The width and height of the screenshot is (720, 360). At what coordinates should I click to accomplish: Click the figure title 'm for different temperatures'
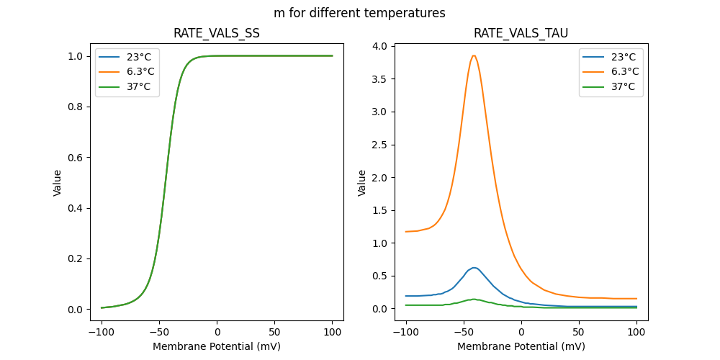pos(359,13)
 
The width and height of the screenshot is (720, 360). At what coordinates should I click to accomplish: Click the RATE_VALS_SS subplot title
pos(217,33)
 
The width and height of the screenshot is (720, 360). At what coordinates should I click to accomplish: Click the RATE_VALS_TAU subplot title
pos(521,33)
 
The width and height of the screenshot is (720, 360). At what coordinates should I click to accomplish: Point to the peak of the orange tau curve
pos(474,55)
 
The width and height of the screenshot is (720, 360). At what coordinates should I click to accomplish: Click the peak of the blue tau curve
pos(473,268)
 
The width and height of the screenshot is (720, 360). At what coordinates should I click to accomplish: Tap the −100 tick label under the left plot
pos(102,333)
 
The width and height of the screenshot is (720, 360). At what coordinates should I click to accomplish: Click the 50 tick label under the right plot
pos(579,333)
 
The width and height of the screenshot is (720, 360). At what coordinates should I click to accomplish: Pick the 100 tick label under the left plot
pos(332,333)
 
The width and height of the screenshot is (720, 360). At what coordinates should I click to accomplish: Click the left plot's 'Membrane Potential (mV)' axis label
pos(217,346)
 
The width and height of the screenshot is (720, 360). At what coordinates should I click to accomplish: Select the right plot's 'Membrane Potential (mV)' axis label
pos(521,346)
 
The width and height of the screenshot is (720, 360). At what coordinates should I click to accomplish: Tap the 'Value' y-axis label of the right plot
pos(362,183)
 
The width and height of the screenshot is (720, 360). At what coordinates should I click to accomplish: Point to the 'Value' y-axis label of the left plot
pos(58,183)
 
